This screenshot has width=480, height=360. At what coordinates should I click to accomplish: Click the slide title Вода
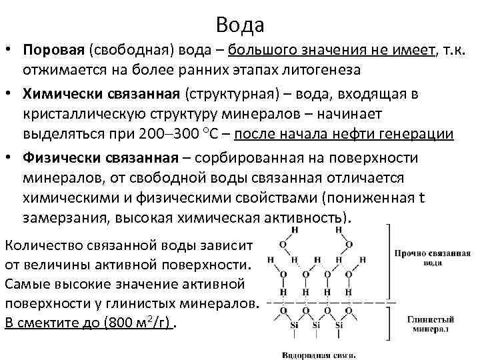coord(240,25)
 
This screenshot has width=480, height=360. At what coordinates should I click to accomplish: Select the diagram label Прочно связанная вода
coord(432,258)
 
